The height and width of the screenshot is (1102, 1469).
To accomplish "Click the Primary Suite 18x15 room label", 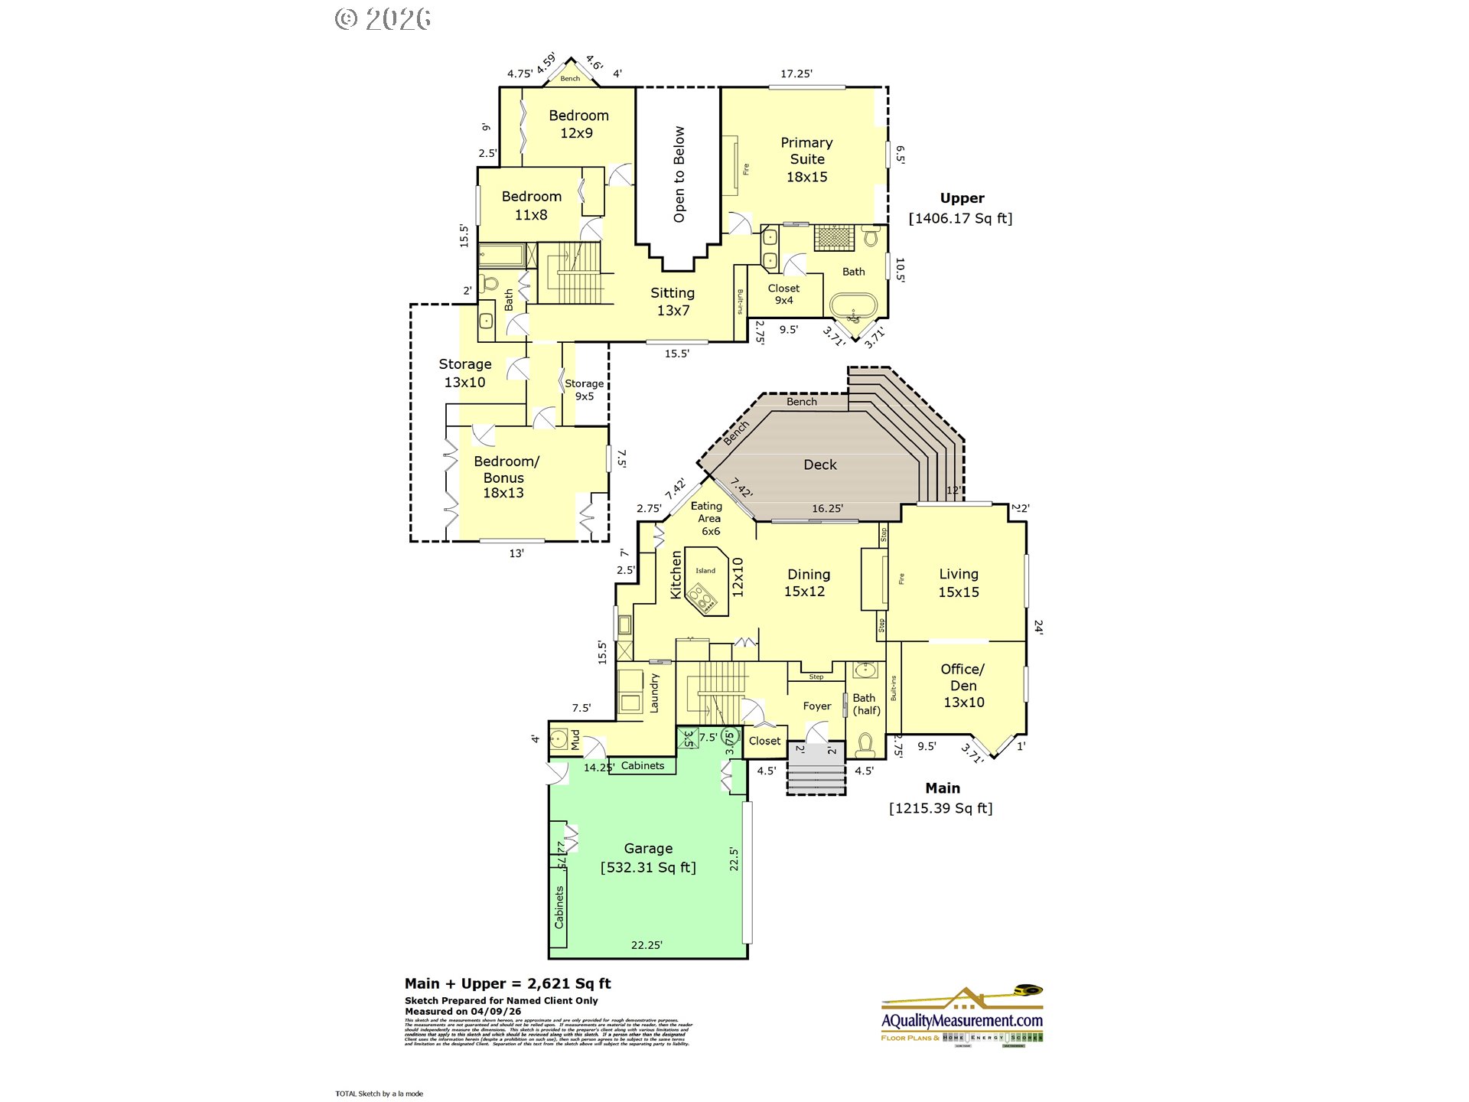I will coord(806,159).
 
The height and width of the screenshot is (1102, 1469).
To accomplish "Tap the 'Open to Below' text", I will coord(679,174).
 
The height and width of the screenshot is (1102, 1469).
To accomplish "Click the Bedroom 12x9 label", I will coord(578,124).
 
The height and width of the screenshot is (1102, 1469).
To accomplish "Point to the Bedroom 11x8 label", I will coord(531,205).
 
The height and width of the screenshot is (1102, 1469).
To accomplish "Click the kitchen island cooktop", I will coord(702,598).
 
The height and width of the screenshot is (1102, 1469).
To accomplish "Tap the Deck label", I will coord(819,465).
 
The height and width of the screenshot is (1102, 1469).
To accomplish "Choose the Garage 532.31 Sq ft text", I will coord(648,858).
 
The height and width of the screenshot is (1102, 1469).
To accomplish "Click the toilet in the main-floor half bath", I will coord(865,743).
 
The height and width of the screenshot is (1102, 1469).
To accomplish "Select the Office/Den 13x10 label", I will coord(963,685).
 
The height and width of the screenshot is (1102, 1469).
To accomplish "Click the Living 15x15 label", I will coord(958,582).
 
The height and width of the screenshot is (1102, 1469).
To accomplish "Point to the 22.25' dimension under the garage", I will coord(647,945).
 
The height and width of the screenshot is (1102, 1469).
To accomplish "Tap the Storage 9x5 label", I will coord(584,390).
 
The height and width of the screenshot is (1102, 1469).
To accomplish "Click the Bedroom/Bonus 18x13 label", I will coord(504,477).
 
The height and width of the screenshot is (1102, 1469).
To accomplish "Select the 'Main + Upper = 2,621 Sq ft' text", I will coord(507,983).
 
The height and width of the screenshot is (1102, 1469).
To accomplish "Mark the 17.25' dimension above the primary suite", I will coord(796,73).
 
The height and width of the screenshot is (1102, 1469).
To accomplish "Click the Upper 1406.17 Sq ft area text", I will coord(960,208).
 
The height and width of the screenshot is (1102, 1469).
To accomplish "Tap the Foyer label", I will coord(816,706).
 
